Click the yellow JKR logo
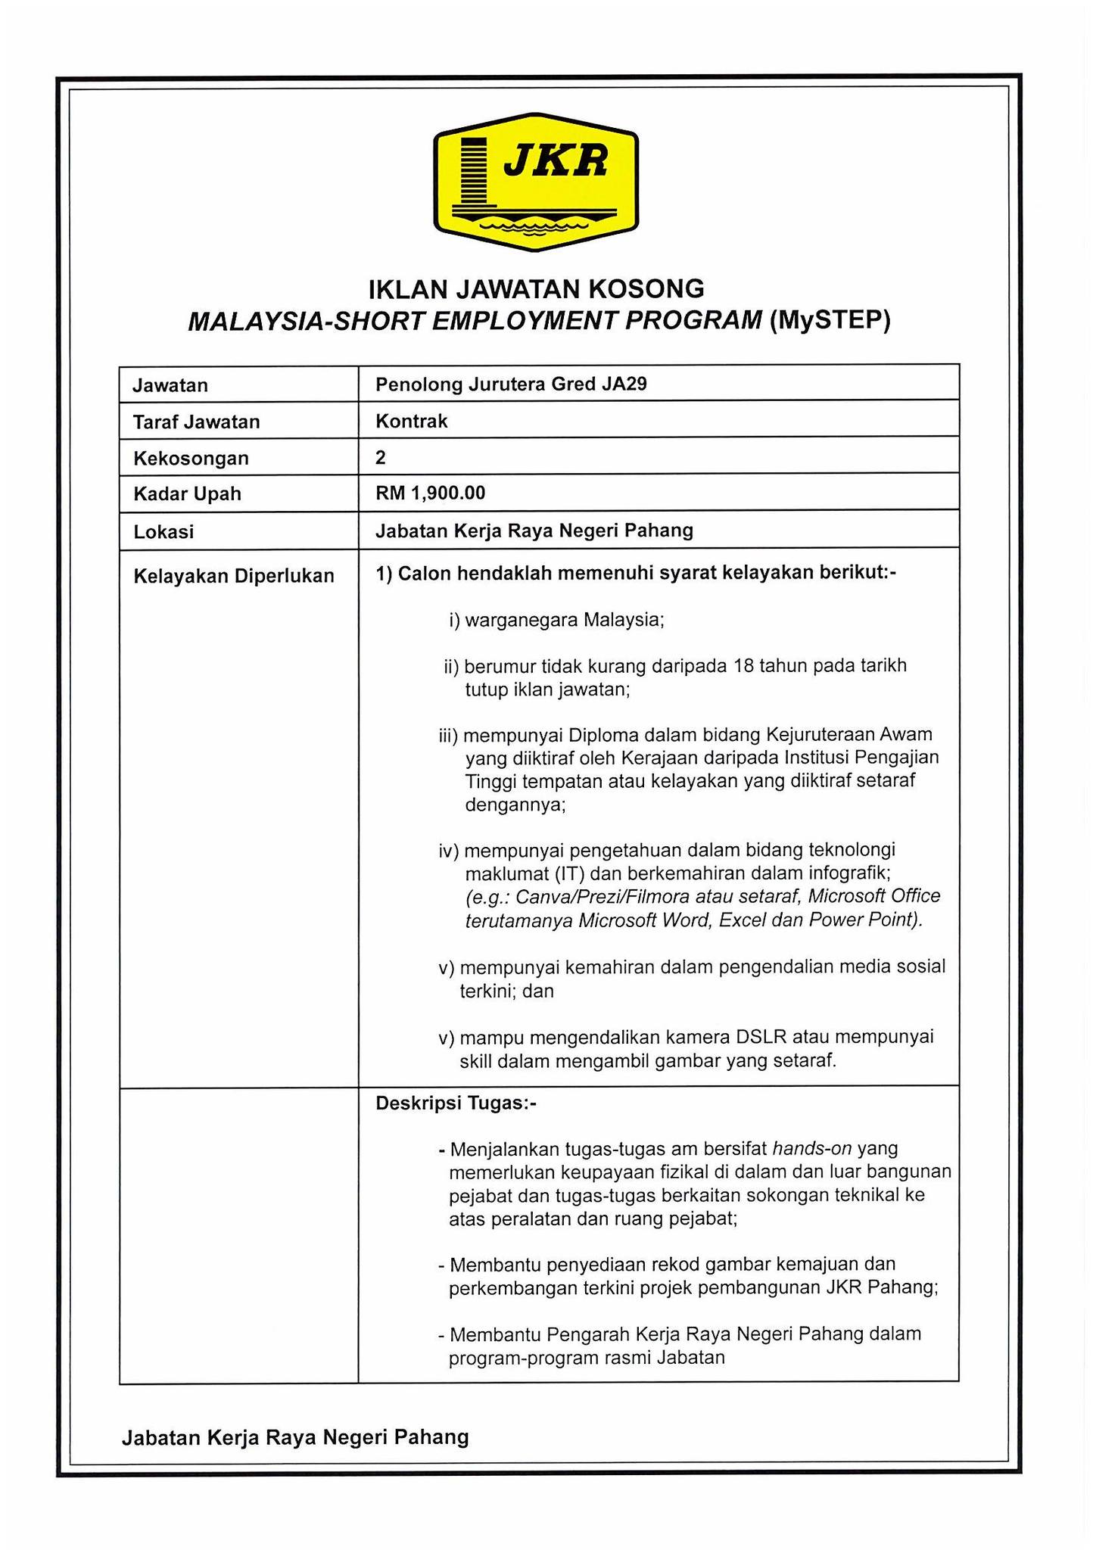click(536, 182)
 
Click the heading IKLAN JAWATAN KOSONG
click(536, 288)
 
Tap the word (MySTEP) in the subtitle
click(830, 322)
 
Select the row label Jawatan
click(170, 385)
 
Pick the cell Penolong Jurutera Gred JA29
click(511, 384)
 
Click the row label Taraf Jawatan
click(196, 422)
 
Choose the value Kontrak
click(412, 421)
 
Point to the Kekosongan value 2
click(381, 457)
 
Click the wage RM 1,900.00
click(430, 493)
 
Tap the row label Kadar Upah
click(187, 494)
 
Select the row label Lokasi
click(163, 532)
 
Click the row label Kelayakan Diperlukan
click(233, 576)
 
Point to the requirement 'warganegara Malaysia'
click(564, 621)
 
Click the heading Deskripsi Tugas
click(456, 1103)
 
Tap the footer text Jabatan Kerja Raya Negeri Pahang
click(295, 1437)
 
